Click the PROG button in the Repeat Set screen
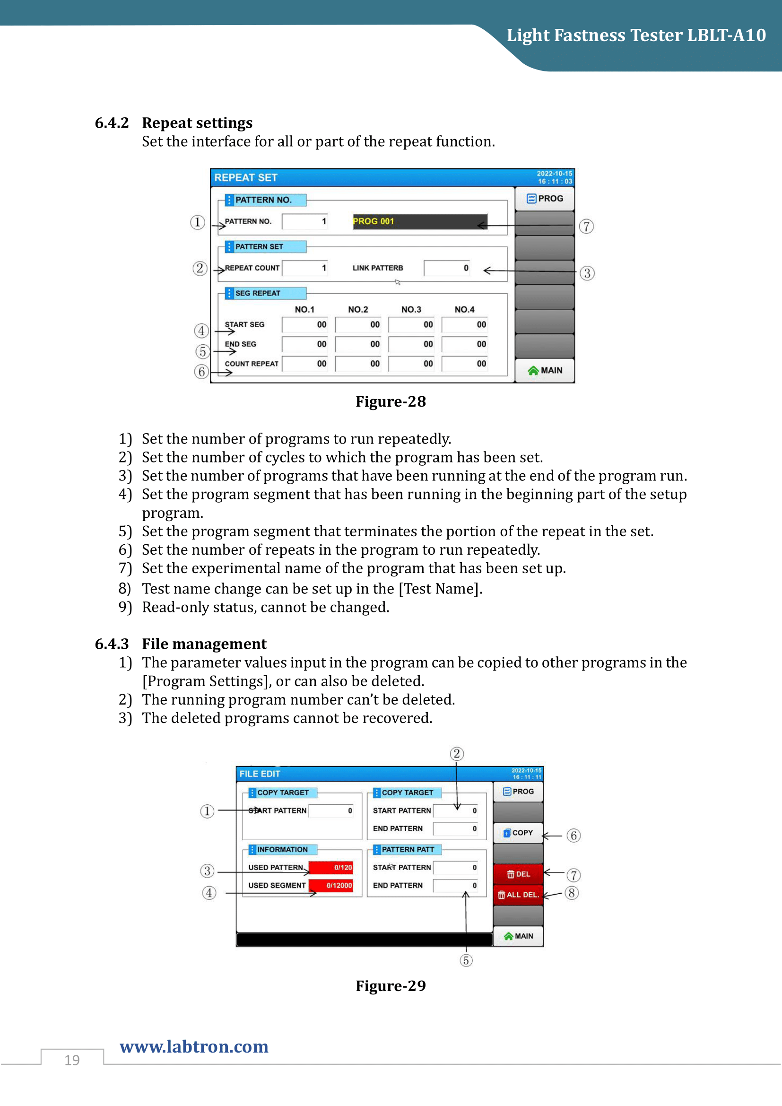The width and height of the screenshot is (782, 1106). point(545,199)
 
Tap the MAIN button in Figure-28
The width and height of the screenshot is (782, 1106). point(545,370)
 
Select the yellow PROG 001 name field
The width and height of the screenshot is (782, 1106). point(419,221)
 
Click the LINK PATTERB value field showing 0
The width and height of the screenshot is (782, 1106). point(447,268)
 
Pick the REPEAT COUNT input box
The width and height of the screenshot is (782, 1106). point(305,268)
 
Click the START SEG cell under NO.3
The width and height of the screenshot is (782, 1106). point(411,325)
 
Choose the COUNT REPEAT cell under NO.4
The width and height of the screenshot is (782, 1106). point(464,364)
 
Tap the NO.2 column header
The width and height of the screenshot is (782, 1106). point(358,309)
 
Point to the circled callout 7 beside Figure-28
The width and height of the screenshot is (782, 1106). point(586,226)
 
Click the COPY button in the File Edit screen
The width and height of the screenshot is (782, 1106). point(518,833)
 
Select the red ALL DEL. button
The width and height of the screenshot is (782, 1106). point(518,895)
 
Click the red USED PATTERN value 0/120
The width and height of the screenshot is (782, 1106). point(331,868)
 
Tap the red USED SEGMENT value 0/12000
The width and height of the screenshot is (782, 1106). point(331,885)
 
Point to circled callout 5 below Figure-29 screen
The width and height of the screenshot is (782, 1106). point(466,960)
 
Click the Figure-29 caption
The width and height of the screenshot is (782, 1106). point(391,985)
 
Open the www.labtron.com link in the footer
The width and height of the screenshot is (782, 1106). point(194,1046)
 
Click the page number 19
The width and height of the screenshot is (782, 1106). point(72,1060)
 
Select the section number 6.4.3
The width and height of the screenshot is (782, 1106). point(112,644)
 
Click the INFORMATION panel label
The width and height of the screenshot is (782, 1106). point(282,849)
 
